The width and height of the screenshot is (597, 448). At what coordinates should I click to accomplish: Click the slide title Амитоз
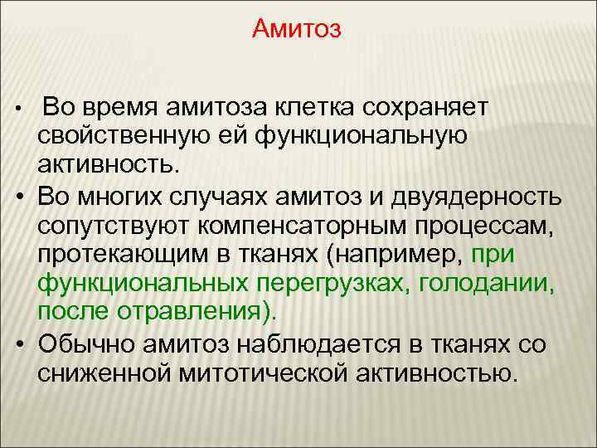(x=297, y=31)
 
